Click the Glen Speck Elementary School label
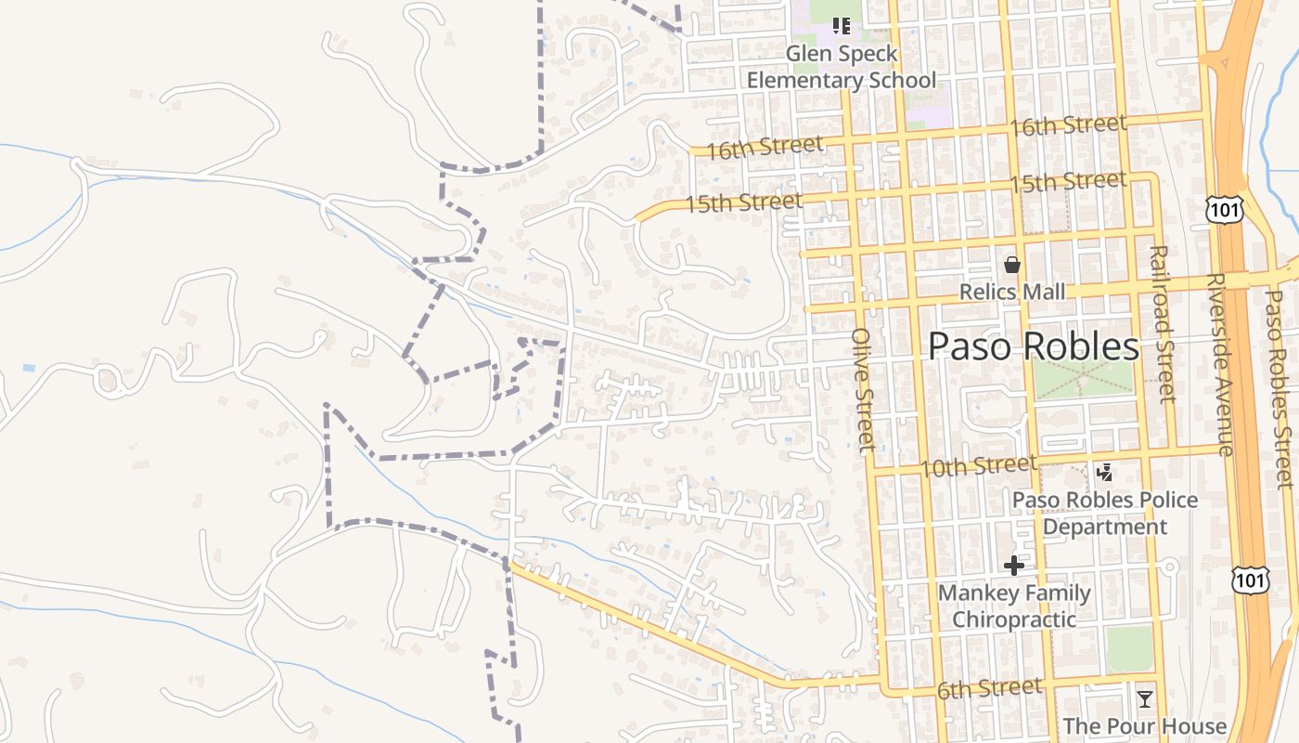click(842, 67)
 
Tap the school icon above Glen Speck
click(841, 26)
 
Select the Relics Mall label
click(1012, 293)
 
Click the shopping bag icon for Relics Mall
click(1012, 266)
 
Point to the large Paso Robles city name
click(1034, 346)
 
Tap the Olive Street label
click(864, 390)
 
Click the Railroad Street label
click(1162, 323)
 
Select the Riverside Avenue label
click(1220, 364)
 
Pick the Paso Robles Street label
click(1280, 390)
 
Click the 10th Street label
click(978, 464)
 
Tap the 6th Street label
click(989, 689)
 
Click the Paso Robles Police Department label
click(1105, 514)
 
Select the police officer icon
click(1104, 474)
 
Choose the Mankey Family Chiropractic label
click(1014, 606)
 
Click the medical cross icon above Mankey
click(1014, 565)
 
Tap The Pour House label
click(1144, 726)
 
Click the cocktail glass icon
click(1145, 698)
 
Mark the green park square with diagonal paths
click(1084, 380)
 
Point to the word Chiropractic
click(1014, 619)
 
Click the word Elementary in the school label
click(804, 80)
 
